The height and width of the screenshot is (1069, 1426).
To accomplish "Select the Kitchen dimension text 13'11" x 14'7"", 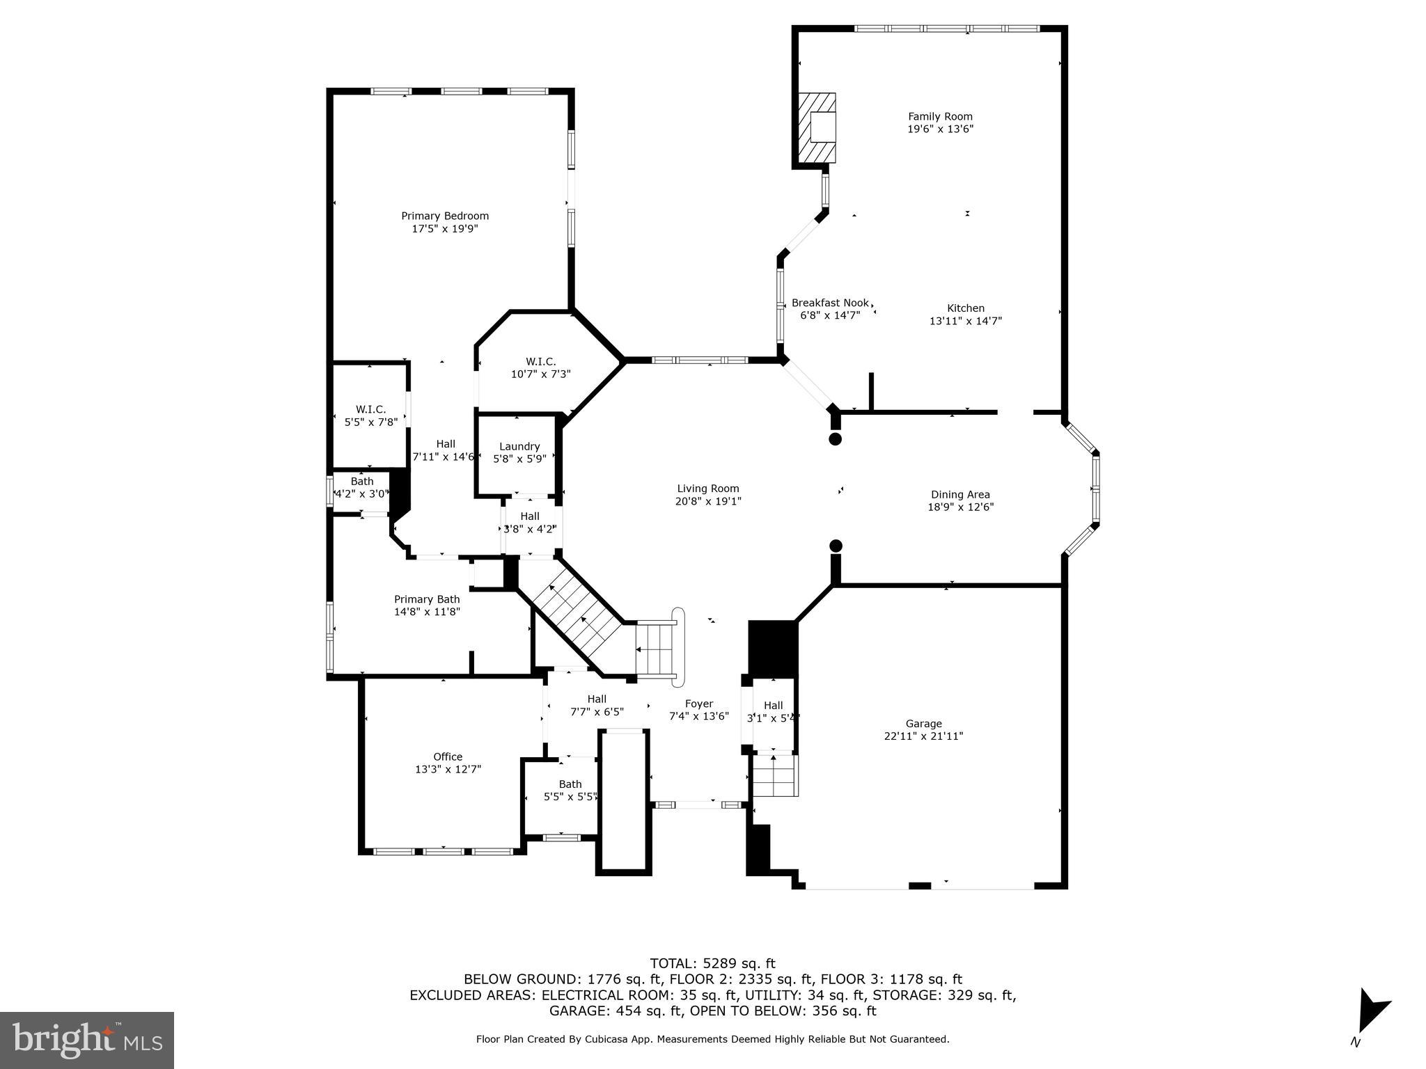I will [x=965, y=321].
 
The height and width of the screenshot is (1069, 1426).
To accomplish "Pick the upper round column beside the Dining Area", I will [x=836, y=439].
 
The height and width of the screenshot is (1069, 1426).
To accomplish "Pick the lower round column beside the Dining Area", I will [x=836, y=546].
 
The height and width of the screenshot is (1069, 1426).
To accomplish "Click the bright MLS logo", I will [x=87, y=1040].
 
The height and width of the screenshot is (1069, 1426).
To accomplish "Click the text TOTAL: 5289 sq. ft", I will [x=712, y=963].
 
